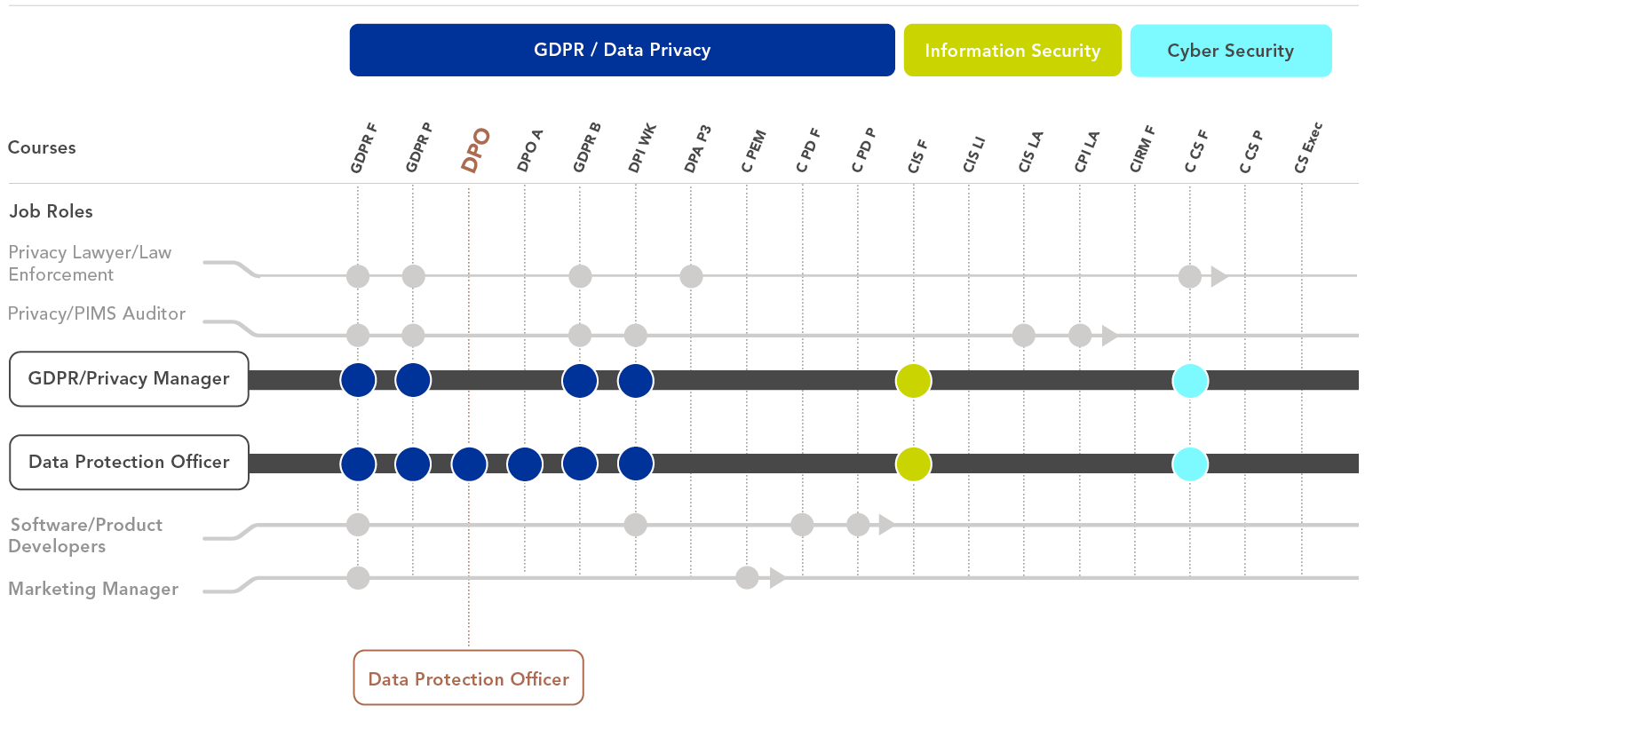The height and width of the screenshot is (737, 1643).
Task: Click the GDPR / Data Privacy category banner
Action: click(x=622, y=50)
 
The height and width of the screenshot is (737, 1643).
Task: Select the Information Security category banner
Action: click(x=1012, y=51)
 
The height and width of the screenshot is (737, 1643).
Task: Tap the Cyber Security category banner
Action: click(x=1230, y=51)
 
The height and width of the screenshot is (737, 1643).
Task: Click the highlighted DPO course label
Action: click(x=475, y=150)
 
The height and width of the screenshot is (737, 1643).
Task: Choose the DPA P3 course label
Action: click(x=697, y=148)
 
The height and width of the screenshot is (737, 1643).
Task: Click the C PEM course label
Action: click(x=753, y=151)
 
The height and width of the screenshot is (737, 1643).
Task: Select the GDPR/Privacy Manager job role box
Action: click(x=129, y=379)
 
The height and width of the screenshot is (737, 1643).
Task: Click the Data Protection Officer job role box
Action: click(x=129, y=463)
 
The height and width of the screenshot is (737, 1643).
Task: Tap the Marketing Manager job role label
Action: click(x=93, y=589)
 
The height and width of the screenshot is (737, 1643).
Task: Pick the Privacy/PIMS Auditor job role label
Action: click(x=97, y=313)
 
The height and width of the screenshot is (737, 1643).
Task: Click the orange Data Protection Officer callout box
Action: click(x=468, y=678)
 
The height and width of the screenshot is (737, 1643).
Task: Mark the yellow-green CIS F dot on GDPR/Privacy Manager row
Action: click(x=913, y=381)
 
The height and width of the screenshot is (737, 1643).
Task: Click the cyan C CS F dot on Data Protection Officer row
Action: click(x=1190, y=464)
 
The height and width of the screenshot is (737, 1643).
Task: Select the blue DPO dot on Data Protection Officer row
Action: click(x=469, y=464)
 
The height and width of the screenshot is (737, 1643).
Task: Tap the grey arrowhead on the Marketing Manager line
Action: click(x=777, y=578)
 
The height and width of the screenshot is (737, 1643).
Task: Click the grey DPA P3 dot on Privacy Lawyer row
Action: click(x=691, y=276)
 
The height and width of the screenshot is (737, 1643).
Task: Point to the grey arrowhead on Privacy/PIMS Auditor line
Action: click(x=1109, y=336)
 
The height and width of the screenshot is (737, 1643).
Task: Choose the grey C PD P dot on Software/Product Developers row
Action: click(x=858, y=525)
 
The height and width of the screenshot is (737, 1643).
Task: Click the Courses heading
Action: click(x=42, y=147)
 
